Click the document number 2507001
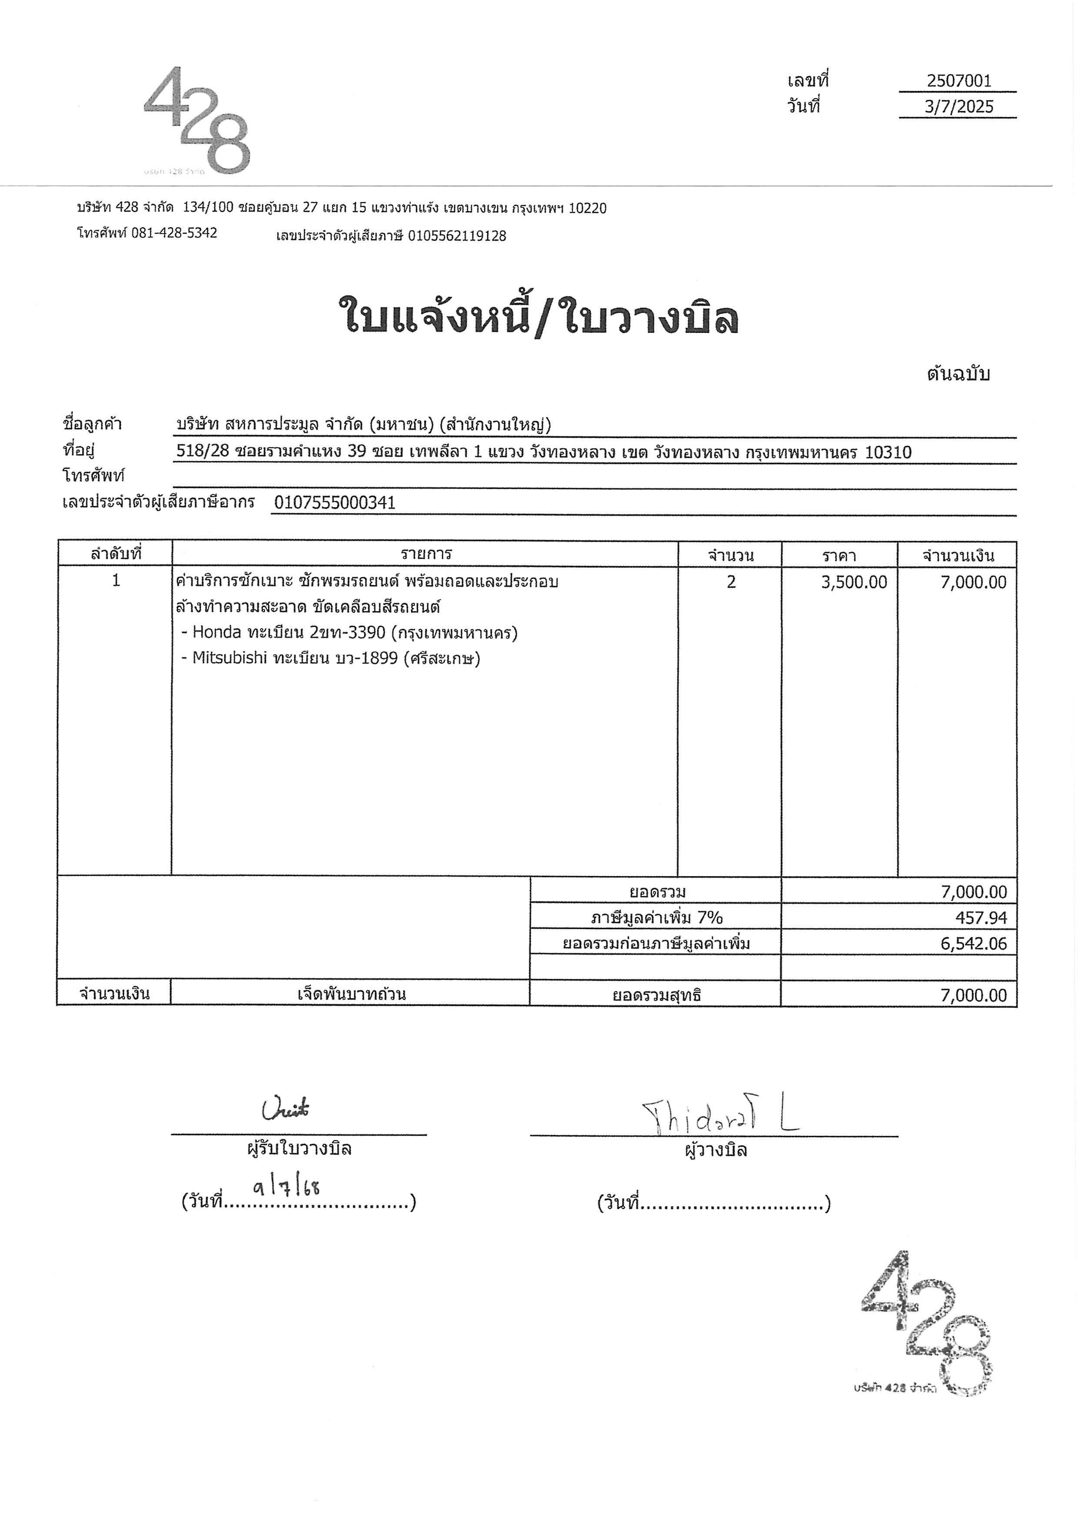958,81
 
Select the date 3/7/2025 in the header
958,107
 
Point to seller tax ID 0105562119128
457,236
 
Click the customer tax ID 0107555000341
335,503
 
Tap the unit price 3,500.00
854,582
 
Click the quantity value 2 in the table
731,582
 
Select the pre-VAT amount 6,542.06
973,943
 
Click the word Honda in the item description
216,633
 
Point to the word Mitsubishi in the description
230,658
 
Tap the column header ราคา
839,555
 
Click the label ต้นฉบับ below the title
958,374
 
